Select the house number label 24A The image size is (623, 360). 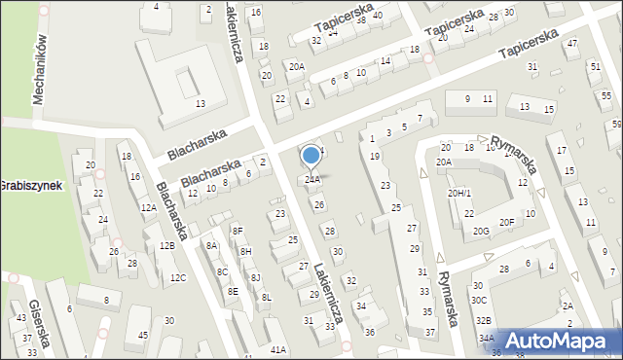(x=312, y=179)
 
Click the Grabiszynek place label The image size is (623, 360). (x=18, y=185)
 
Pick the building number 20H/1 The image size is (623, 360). (x=459, y=194)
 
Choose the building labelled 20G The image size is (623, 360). (x=481, y=231)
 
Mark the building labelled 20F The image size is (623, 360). (x=506, y=222)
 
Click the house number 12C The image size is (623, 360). (x=177, y=278)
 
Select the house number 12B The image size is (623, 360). (x=166, y=246)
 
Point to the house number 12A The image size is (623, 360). (x=148, y=207)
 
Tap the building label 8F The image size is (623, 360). (x=238, y=231)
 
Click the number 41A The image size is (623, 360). (x=278, y=349)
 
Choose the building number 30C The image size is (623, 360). (x=479, y=300)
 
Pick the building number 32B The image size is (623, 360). (x=483, y=320)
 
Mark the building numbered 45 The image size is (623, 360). (x=143, y=336)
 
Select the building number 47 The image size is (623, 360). (x=572, y=44)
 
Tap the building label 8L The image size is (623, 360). (x=266, y=297)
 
